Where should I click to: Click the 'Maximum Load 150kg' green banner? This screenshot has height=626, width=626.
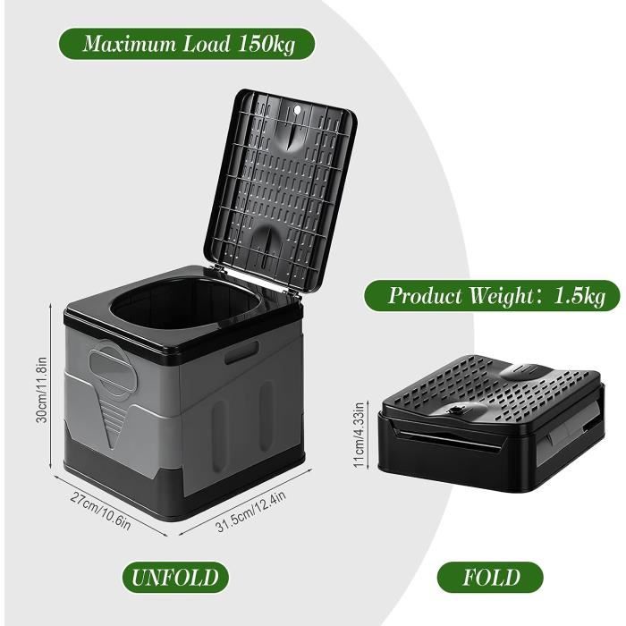click(x=187, y=44)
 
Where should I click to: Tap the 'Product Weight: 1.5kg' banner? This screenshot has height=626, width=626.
click(x=492, y=296)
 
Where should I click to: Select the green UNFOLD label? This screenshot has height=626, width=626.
click(x=175, y=578)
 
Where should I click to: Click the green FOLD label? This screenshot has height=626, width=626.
click(x=490, y=578)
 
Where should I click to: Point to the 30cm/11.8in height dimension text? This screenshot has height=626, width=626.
click(x=41, y=389)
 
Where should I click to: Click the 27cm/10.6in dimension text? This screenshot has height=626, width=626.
click(x=100, y=510)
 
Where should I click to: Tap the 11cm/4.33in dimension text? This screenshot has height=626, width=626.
click(x=359, y=435)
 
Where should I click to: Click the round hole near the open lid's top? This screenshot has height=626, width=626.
click(x=296, y=109)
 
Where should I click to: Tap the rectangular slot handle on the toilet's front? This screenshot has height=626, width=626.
click(x=241, y=352)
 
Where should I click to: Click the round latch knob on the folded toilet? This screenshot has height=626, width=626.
click(x=457, y=410)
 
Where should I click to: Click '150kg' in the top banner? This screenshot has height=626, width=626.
click(x=266, y=44)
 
